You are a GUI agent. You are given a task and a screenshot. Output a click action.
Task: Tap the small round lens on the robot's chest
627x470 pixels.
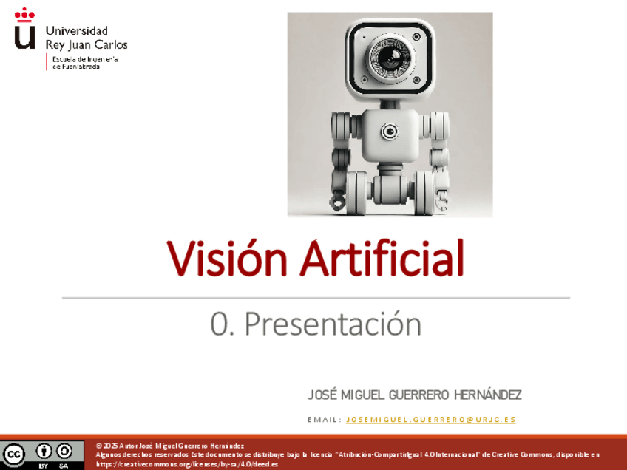click(x=389, y=132)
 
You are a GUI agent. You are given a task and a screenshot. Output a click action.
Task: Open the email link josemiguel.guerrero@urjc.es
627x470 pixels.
click(x=430, y=420)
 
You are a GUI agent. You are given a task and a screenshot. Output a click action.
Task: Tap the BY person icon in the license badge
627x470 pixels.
click(x=44, y=450)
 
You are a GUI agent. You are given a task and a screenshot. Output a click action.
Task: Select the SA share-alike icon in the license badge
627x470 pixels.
click(x=64, y=450)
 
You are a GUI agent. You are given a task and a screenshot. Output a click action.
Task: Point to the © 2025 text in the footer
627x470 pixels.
click(x=106, y=446)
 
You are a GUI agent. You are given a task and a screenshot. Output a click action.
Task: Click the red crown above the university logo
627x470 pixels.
click(x=24, y=14)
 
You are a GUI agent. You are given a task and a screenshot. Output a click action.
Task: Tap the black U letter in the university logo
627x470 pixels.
click(x=24, y=35)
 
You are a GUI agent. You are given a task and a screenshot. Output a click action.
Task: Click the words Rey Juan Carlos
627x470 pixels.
click(x=87, y=44)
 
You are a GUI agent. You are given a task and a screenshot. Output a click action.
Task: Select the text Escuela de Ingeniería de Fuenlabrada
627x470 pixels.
click(x=84, y=62)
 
